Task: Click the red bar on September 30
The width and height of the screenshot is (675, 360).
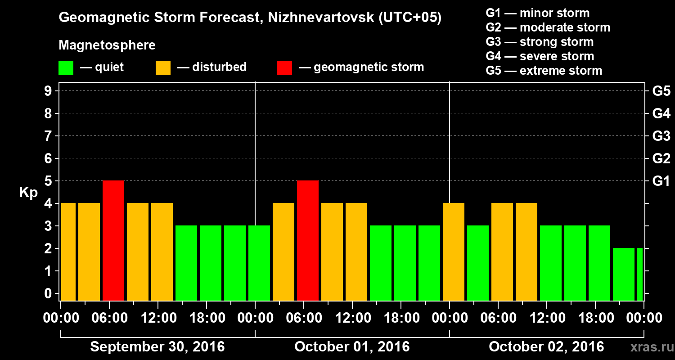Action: coord(113,240)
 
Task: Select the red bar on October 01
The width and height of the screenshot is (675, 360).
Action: coord(308,240)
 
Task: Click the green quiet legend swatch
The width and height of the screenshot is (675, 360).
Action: coord(66,68)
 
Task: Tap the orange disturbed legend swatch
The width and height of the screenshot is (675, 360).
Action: coord(163,68)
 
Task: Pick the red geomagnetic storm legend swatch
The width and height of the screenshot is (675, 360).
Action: coord(284,68)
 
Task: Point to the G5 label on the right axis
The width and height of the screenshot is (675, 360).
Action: coord(661,91)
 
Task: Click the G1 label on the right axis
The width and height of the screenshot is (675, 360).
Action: coord(661,181)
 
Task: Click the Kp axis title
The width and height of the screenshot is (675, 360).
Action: coord(28,193)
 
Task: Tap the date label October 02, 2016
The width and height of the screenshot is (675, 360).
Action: coord(546,347)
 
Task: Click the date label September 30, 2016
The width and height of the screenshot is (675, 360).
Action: coord(157,347)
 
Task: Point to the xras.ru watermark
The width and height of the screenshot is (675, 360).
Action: coord(648,347)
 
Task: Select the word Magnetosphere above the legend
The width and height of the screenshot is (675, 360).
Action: coord(107,45)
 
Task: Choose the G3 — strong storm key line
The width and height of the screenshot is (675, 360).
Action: coord(540,42)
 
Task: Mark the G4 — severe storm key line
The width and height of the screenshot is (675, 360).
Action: coord(540,56)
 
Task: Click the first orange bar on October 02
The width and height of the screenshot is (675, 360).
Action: coord(454,252)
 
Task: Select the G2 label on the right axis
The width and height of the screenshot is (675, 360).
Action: coord(661,159)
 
